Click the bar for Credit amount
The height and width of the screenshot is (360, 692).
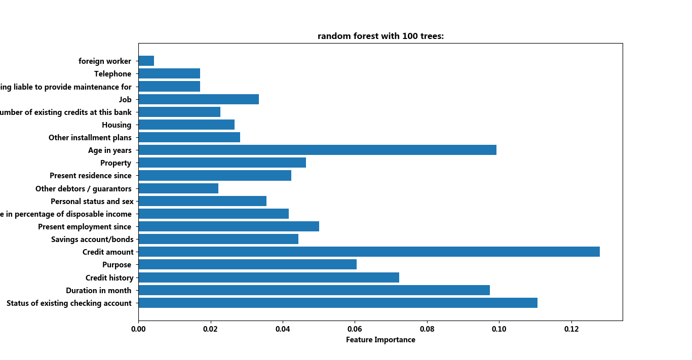[369, 252]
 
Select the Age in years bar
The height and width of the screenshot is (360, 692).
[317, 150]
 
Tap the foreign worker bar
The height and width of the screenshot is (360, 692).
[146, 61]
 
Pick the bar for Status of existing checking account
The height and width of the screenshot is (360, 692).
[337, 303]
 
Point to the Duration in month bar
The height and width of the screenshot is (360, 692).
[314, 290]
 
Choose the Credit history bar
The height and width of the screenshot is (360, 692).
[268, 277]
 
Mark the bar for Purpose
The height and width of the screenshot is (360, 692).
[247, 264]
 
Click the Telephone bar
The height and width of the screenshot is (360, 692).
[169, 74]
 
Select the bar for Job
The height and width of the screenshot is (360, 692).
[198, 99]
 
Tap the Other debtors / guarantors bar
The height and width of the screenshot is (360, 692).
[178, 188]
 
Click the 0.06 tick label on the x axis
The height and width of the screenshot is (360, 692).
[355, 329]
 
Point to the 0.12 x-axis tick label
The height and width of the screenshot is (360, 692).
[571, 329]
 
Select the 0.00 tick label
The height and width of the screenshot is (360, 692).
[138, 329]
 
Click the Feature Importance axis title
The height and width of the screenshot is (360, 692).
[380, 340]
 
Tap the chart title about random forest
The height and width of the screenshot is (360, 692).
[380, 36]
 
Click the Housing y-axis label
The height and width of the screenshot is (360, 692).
[117, 125]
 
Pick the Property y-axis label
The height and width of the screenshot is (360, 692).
[116, 163]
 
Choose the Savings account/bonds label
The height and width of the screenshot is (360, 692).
[92, 239]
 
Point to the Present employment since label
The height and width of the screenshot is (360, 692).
[85, 227]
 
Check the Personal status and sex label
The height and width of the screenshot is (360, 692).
[91, 202]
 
